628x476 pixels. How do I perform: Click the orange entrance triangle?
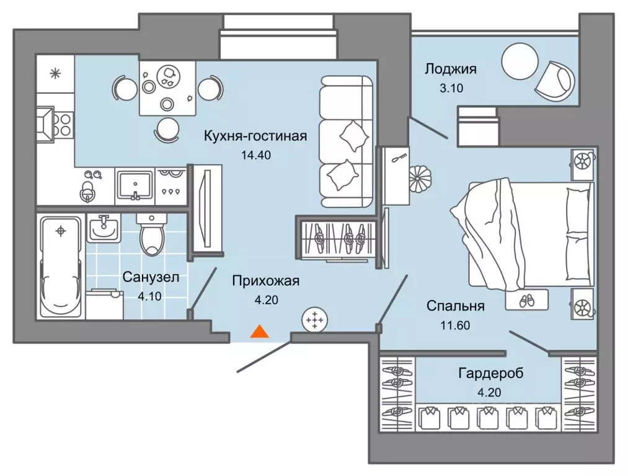[259, 332]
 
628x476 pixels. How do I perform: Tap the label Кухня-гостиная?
[255, 136]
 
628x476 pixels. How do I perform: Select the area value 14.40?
[256, 155]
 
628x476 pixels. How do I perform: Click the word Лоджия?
[451, 69]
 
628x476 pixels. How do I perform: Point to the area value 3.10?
[451, 88]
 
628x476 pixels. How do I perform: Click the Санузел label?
[151, 277]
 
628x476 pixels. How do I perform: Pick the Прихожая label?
[266, 281]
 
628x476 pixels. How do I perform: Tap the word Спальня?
[456, 306]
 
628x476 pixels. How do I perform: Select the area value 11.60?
[456, 325]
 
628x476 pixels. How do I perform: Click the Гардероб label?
[490, 374]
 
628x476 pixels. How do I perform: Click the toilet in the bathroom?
[151, 234]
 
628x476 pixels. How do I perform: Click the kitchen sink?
[135, 185]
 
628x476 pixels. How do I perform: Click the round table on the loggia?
[520, 61]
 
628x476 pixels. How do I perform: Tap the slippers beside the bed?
[526, 301]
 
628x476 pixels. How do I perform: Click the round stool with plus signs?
[315, 320]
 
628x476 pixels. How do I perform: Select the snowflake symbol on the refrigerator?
[55, 74]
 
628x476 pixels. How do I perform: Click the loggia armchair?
[554, 81]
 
